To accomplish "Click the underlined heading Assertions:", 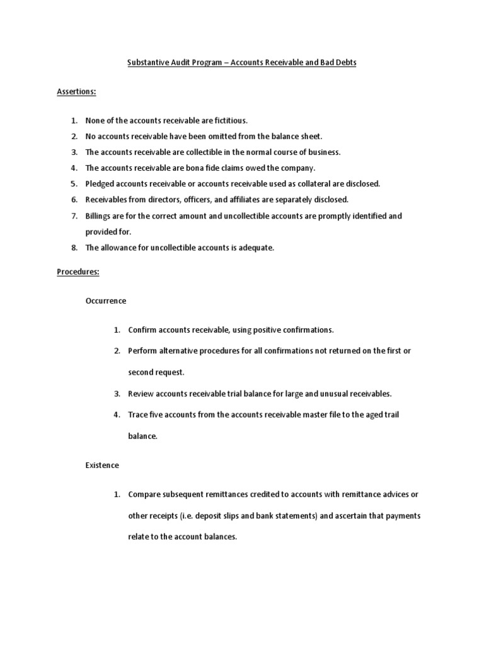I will pos(76,92).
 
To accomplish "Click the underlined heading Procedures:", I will pos(78,272).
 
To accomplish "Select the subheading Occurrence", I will pos(106,301).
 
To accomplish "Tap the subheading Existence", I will pos(102,465).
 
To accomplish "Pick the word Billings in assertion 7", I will pos(99,215).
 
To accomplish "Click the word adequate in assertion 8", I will pos(256,248).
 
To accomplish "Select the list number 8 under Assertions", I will pos(74,248).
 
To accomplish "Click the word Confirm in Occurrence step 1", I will pos(142,330).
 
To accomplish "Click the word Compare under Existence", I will pos(144,494).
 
